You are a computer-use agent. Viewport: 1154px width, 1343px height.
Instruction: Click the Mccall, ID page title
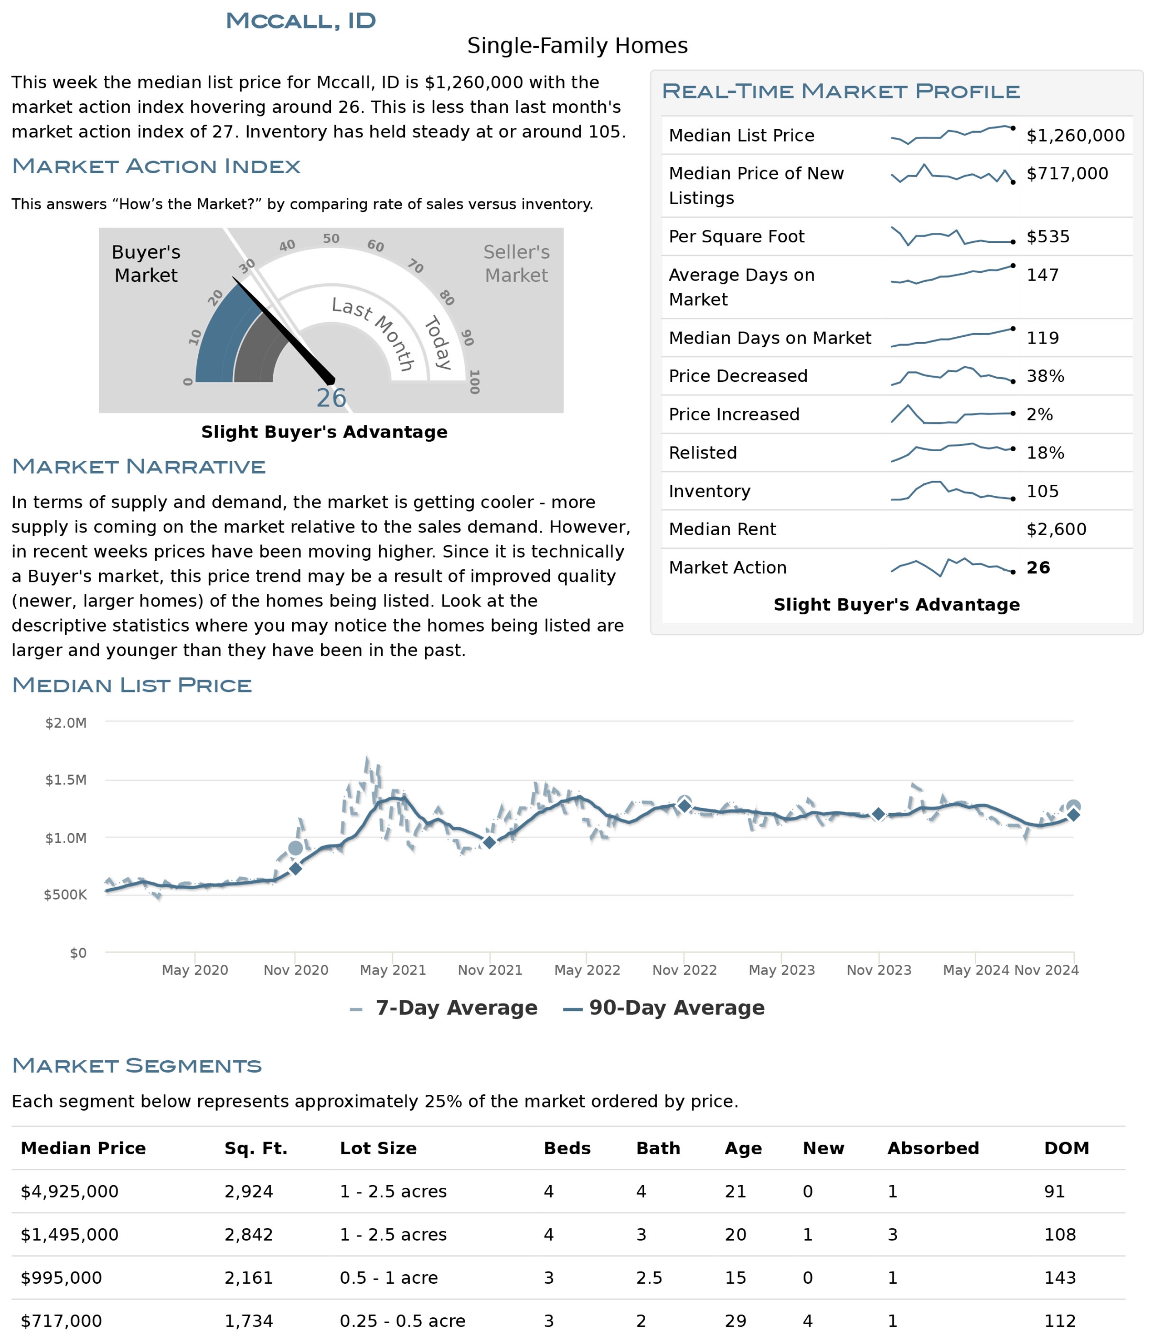click(300, 21)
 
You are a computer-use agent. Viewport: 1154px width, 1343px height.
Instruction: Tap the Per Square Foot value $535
click(1047, 237)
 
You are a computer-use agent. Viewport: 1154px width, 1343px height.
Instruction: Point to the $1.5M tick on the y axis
click(66, 780)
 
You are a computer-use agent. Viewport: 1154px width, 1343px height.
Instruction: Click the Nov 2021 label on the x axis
click(490, 971)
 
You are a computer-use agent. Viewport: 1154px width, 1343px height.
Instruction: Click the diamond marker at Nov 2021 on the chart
click(490, 842)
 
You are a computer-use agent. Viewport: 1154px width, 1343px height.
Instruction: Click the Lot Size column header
click(378, 1148)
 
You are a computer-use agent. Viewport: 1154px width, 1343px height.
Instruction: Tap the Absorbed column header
click(933, 1148)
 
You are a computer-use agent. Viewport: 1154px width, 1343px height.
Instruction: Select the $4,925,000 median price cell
click(69, 1191)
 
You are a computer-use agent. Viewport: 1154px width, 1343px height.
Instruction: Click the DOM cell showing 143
click(1060, 1277)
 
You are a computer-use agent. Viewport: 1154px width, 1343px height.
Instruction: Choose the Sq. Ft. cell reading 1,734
click(248, 1321)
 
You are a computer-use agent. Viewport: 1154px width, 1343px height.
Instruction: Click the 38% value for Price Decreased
click(1044, 377)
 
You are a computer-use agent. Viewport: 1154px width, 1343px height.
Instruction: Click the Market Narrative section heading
click(138, 467)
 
